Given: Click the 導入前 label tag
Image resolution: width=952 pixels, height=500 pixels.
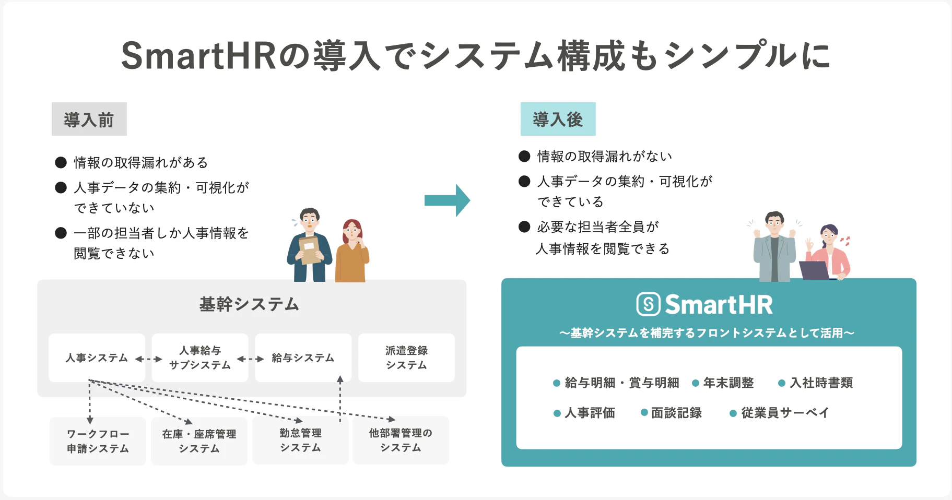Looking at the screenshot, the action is click(89, 120).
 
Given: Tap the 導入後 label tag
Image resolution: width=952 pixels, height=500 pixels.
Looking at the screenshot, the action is click(558, 119).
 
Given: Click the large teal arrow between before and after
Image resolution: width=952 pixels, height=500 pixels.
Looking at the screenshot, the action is click(447, 200).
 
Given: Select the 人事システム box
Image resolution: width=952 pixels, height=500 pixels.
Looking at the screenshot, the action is click(97, 358).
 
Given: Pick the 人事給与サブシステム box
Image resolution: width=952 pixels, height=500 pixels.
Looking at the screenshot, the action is click(200, 358).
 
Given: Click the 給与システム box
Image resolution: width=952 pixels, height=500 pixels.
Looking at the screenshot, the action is click(303, 358).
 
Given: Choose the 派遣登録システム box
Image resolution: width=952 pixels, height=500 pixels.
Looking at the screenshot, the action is click(406, 358).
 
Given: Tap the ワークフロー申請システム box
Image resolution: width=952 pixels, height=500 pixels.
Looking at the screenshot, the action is click(98, 441).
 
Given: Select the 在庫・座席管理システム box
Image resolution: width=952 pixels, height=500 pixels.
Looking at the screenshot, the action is click(199, 441).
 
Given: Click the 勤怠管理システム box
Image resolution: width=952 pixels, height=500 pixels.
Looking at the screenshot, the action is click(300, 440).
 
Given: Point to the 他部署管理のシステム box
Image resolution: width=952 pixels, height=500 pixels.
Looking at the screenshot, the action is click(401, 440).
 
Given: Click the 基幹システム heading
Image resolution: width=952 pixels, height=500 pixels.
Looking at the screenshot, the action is click(249, 304).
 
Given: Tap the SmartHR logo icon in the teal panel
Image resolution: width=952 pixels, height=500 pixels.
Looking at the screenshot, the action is click(649, 304).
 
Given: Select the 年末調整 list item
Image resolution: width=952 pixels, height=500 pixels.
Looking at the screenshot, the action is click(723, 383).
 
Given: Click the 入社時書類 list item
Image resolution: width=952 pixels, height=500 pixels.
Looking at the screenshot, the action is click(816, 383).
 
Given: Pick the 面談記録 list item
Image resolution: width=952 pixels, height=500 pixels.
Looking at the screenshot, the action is click(672, 413).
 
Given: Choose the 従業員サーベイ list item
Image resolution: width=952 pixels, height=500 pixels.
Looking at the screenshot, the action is click(780, 413).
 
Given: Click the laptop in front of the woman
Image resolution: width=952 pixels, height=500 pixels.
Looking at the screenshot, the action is click(815, 270).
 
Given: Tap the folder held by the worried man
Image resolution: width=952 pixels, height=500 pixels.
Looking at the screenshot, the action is click(309, 250).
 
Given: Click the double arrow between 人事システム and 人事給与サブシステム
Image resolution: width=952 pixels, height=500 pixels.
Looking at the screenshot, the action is click(148, 359).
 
